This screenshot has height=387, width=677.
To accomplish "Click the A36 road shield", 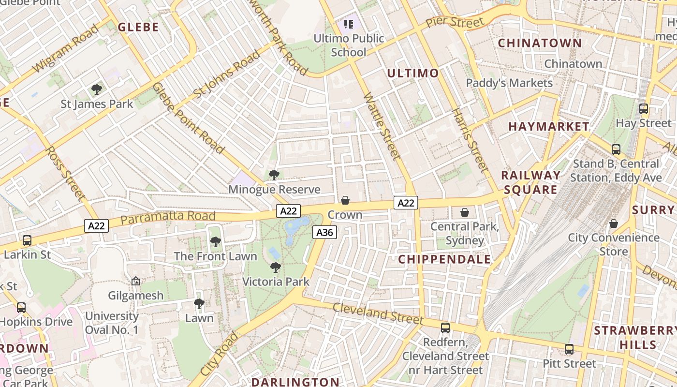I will coord(324,233).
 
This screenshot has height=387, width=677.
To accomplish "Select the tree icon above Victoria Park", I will coord(275,267).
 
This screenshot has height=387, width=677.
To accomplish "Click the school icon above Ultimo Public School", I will coord(349,24).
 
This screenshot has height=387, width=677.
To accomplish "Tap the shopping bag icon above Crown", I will coord(345,200).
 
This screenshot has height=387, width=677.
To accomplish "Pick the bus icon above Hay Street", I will coord(644,109).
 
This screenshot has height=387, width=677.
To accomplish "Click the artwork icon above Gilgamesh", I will coord(136,281).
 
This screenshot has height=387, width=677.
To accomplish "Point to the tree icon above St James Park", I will coord(97,89).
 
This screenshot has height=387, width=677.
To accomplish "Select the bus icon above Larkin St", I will coord(27,240).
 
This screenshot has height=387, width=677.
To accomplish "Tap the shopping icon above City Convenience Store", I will coord(613,223).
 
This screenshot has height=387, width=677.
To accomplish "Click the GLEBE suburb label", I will coord(138,27).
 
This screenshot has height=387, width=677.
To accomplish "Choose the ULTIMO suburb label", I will coord(413,74).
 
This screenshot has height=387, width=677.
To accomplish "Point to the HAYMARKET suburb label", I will coord(549,127).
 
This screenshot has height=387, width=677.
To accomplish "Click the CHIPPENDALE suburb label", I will coord(444,259).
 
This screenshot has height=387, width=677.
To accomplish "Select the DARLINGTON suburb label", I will coord(295,382).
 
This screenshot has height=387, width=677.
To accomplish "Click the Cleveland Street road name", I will coord(378,313).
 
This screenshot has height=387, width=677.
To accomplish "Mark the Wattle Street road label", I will coord(382,127).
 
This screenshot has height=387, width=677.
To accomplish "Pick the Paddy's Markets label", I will coord(509,83).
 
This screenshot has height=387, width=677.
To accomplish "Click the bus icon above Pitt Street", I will coord(569,349).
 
